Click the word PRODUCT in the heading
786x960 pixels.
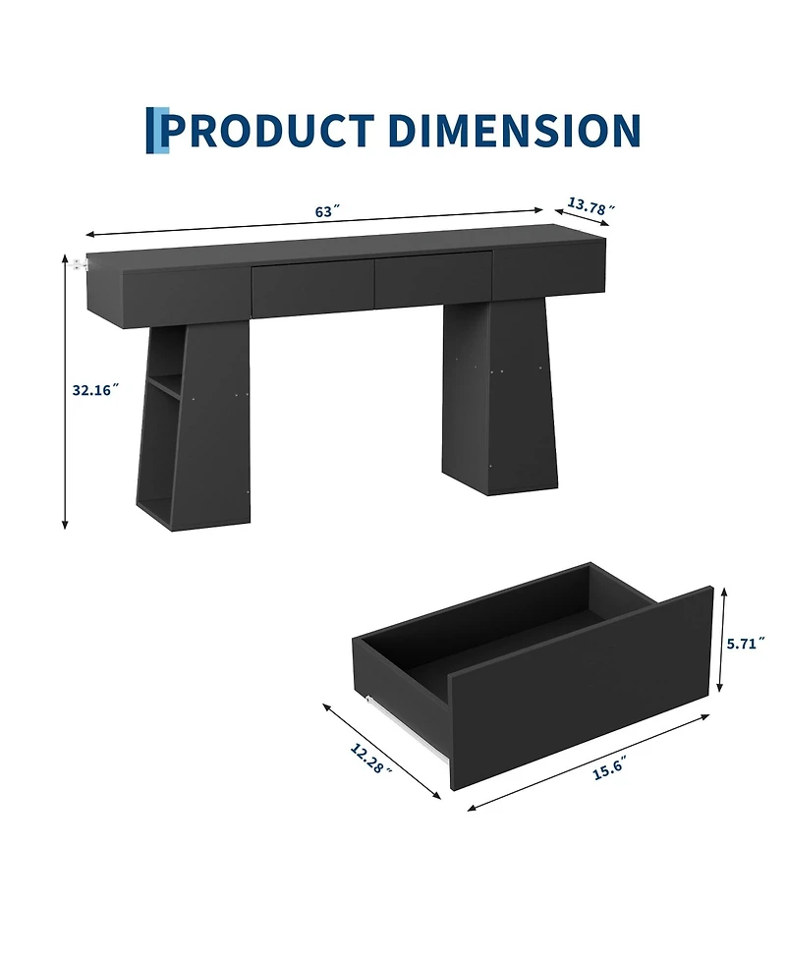[270, 130]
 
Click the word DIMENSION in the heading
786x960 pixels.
[514, 130]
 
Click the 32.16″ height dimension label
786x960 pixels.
[95, 389]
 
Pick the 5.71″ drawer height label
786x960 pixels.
[746, 644]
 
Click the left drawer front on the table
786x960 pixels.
[312, 288]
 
